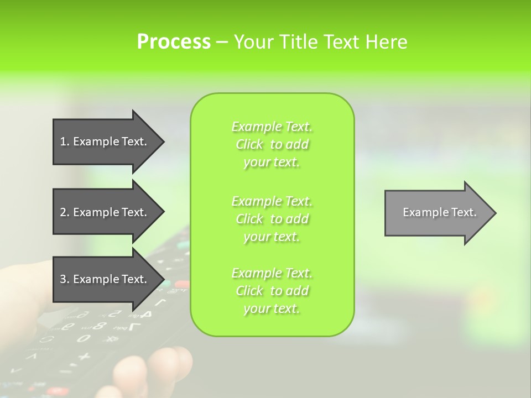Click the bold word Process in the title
[x=174, y=42]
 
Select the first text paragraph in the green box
[x=272, y=144]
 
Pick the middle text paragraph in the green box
[x=272, y=219]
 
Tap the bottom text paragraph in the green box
[x=272, y=291]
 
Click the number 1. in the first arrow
[x=64, y=142]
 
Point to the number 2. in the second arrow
[x=64, y=212]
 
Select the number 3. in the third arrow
[x=64, y=279]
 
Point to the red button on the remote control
[x=181, y=285]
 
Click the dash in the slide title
[x=222, y=43]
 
